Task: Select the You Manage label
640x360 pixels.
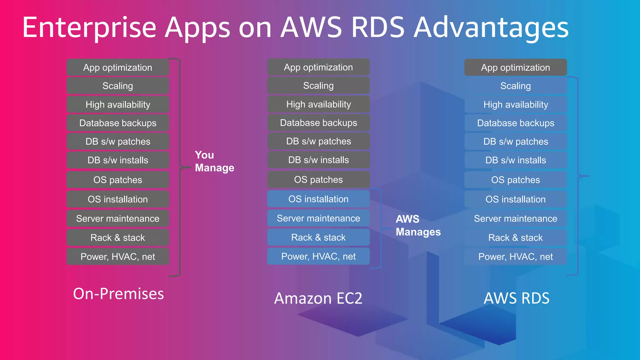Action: pyautogui.click(x=214, y=161)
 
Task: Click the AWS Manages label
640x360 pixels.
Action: pyautogui.click(x=418, y=225)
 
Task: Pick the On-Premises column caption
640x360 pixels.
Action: pyautogui.click(x=118, y=294)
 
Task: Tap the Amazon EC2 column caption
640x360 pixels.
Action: pyautogui.click(x=318, y=298)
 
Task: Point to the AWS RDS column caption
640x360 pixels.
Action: pyautogui.click(x=516, y=298)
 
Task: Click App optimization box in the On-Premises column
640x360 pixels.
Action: pyautogui.click(x=118, y=67)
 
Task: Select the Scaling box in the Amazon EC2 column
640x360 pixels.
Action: pyautogui.click(x=318, y=86)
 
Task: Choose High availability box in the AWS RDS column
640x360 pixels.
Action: pyautogui.click(x=516, y=104)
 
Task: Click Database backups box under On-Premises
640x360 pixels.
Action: pyautogui.click(x=118, y=123)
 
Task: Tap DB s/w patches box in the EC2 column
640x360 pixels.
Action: pyautogui.click(x=318, y=141)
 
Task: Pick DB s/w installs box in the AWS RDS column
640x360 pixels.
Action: pyautogui.click(x=516, y=160)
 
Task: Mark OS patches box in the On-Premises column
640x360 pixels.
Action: pyautogui.click(x=118, y=180)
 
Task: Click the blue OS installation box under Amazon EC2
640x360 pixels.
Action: pyautogui.click(x=318, y=199)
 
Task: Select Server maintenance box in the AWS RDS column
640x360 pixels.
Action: pyautogui.click(x=516, y=218)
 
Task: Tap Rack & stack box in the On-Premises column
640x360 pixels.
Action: pyautogui.click(x=118, y=237)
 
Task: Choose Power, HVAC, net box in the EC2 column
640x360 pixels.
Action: pyautogui.click(x=318, y=256)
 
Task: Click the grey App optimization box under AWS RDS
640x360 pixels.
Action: pyautogui.click(x=516, y=67)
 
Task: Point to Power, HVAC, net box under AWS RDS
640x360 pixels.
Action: pyautogui.click(x=516, y=257)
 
